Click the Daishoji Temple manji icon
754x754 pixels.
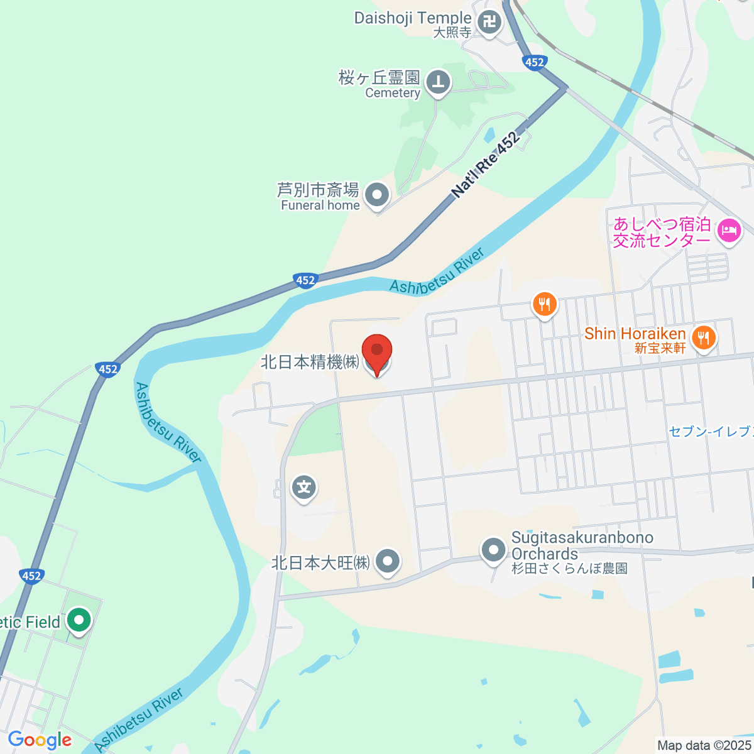(x=489, y=24)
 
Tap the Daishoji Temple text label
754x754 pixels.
(x=412, y=18)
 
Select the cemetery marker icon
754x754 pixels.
(x=438, y=82)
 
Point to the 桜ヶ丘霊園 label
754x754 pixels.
(x=379, y=78)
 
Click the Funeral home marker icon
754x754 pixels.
(x=377, y=195)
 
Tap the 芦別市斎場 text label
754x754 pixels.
(x=318, y=189)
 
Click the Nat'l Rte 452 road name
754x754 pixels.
(x=486, y=165)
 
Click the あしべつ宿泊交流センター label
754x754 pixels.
(x=662, y=232)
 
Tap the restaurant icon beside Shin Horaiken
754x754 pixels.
(x=703, y=338)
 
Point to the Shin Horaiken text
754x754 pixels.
(x=635, y=334)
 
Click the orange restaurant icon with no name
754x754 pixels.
(x=544, y=305)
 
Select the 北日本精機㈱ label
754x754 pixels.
(x=310, y=362)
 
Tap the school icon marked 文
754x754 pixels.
(x=304, y=487)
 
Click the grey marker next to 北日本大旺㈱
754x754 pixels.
(x=387, y=561)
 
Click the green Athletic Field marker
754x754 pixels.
(x=79, y=621)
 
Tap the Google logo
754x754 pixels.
(x=40, y=740)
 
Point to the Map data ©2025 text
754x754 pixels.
(x=703, y=745)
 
